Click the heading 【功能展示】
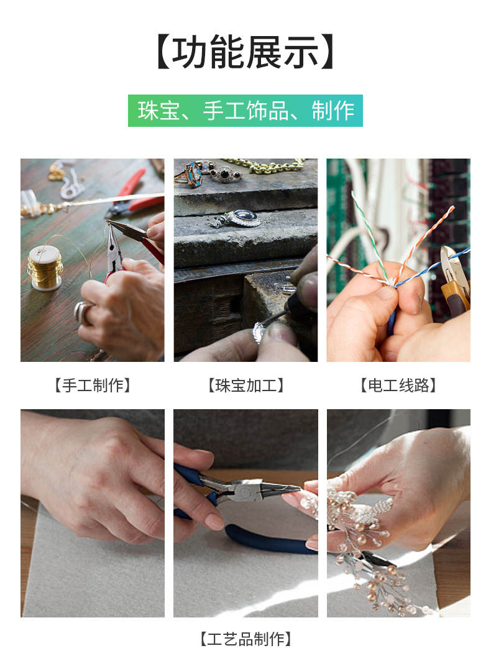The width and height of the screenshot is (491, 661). (245, 53)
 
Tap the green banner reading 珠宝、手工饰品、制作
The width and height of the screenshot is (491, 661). (245, 111)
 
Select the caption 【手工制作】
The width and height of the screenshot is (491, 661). (93, 386)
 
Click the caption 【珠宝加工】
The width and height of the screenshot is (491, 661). (245, 386)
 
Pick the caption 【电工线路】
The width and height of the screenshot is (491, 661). (398, 386)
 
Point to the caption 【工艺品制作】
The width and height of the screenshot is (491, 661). (245, 639)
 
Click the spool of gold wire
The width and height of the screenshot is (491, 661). (45, 266)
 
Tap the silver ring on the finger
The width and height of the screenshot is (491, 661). (83, 311)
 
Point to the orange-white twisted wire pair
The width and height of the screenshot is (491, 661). (429, 236)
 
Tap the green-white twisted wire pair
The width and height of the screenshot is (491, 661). (369, 233)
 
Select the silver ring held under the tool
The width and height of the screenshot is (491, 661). (259, 333)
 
